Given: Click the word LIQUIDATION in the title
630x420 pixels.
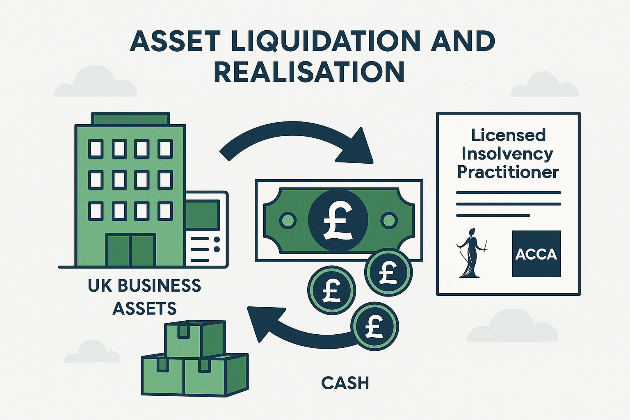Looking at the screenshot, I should click(x=326, y=41).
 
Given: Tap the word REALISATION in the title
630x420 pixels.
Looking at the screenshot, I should click(x=309, y=72).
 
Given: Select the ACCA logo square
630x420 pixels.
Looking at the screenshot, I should click(x=536, y=253).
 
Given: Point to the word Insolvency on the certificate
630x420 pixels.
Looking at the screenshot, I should click(x=507, y=154).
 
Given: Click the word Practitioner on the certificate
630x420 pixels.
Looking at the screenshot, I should click(x=508, y=172).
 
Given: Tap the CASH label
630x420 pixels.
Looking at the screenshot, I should click(x=345, y=383).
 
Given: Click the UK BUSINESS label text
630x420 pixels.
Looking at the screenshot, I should click(x=144, y=285).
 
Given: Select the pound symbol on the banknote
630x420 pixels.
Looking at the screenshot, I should click(x=338, y=220).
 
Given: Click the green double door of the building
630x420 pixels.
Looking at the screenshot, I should click(x=130, y=250).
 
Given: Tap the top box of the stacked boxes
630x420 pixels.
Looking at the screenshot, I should click(x=195, y=338).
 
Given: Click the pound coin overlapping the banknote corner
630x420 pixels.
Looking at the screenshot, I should click(x=388, y=272).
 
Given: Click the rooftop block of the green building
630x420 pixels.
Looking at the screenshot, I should click(x=130, y=118).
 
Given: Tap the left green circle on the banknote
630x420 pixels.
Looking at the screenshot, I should click(x=288, y=220).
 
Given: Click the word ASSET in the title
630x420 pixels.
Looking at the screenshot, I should click(x=175, y=41).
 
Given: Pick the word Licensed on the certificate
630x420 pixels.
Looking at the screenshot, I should click(x=508, y=135).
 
